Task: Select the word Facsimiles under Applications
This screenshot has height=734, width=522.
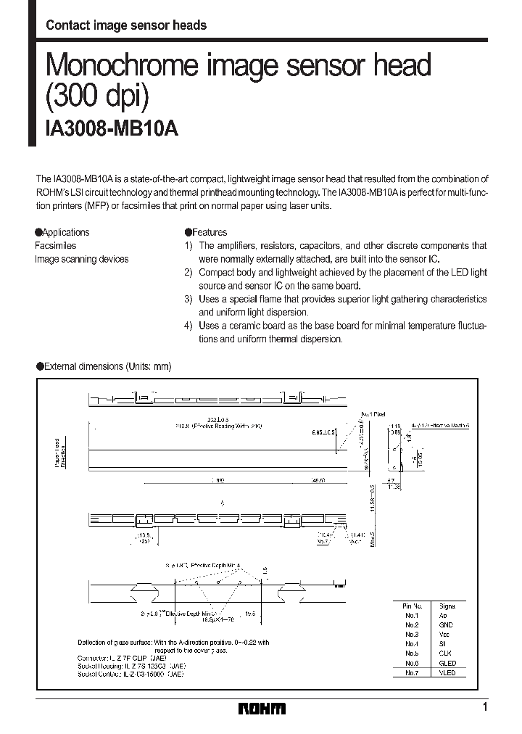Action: (x=55, y=246)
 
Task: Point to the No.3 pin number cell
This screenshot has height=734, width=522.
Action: (x=412, y=634)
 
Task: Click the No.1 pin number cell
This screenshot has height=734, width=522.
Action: (x=412, y=615)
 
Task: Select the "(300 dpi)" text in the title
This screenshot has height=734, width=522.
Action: (x=100, y=96)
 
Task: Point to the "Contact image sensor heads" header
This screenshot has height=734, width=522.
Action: (x=126, y=25)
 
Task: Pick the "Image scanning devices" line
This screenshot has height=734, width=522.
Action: (x=81, y=259)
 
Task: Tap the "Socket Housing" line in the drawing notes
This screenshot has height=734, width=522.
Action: (x=132, y=666)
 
